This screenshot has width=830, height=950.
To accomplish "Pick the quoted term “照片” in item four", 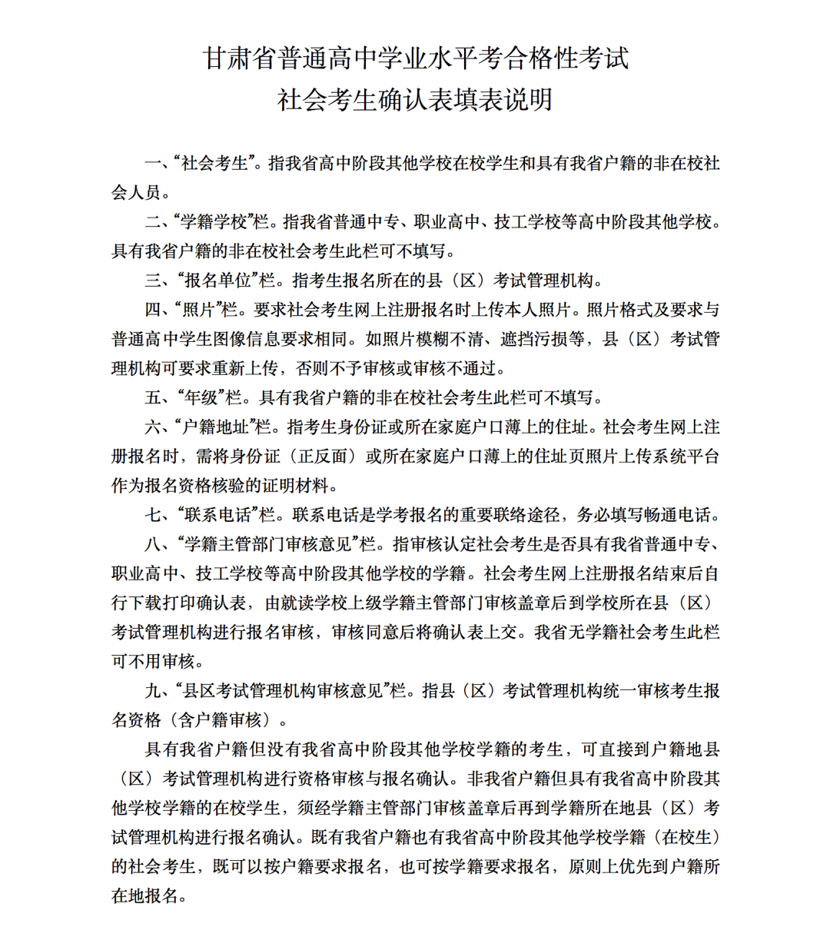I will click(x=199, y=310).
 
